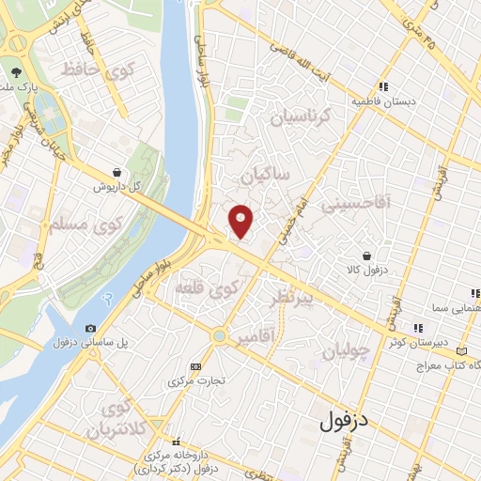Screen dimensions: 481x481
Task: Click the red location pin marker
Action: (x=241, y=220)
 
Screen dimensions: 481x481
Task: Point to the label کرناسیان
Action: (x=302, y=117)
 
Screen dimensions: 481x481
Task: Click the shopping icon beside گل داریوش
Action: (x=116, y=173)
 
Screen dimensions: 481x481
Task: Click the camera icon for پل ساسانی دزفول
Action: (x=90, y=328)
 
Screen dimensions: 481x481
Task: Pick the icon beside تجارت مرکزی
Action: (x=195, y=366)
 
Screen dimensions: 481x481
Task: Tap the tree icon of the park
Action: (x=16, y=71)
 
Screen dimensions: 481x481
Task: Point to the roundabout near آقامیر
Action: (x=219, y=334)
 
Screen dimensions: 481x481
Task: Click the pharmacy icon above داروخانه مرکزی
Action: (x=175, y=441)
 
